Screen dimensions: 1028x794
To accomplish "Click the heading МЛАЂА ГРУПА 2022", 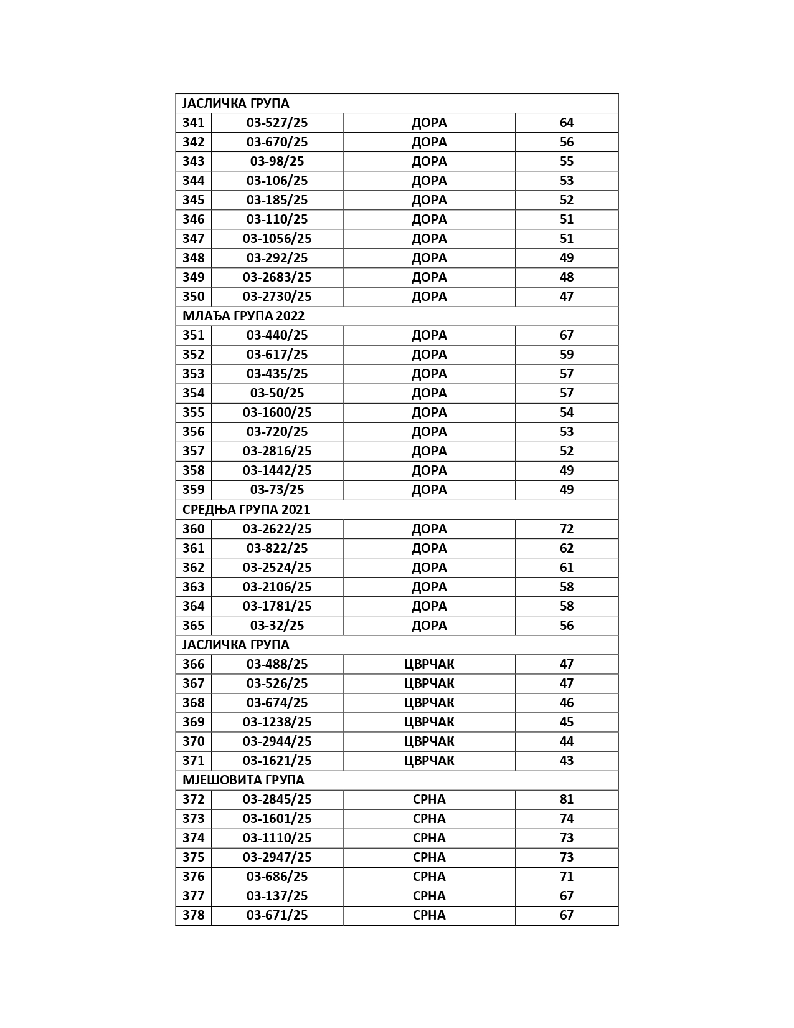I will click(x=243, y=316).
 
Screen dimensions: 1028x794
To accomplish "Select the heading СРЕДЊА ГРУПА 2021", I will click(x=246, y=510).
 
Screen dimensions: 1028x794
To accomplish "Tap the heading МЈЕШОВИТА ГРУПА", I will click(x=243, y=780).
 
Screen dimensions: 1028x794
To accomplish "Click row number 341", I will click(x=193, y=123).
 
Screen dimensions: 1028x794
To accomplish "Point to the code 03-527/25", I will click(x=277, y=123).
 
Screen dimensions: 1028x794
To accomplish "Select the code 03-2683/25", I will click(x=277, y=277).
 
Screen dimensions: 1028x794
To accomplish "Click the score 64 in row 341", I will click(x=566, y=123).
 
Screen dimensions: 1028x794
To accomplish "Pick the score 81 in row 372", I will click(x=566, y=799).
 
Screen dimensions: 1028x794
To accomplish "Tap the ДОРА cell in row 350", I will click(x=429, y=297).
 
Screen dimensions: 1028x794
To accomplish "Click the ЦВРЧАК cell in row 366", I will click(x=429, y=664).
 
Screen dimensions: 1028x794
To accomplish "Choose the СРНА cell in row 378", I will click(x=429, y=915).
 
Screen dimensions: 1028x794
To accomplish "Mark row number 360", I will click(x=193, y=529).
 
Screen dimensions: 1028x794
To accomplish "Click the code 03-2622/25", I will click(x=277, y=529).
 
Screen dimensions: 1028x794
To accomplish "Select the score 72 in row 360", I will click(x=566, y=529).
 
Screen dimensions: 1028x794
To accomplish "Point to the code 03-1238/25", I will click(x=277, y=722).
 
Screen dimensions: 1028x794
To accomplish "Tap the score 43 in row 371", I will click(x=566, y=761).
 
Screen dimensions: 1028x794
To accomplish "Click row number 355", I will click(x=193, y=412).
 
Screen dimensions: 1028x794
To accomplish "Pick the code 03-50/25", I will click(x=277, y=393).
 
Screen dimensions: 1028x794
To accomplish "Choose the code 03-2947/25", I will click(x=277, y=857).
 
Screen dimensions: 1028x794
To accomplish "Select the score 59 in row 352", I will click(x=566, y=355).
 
